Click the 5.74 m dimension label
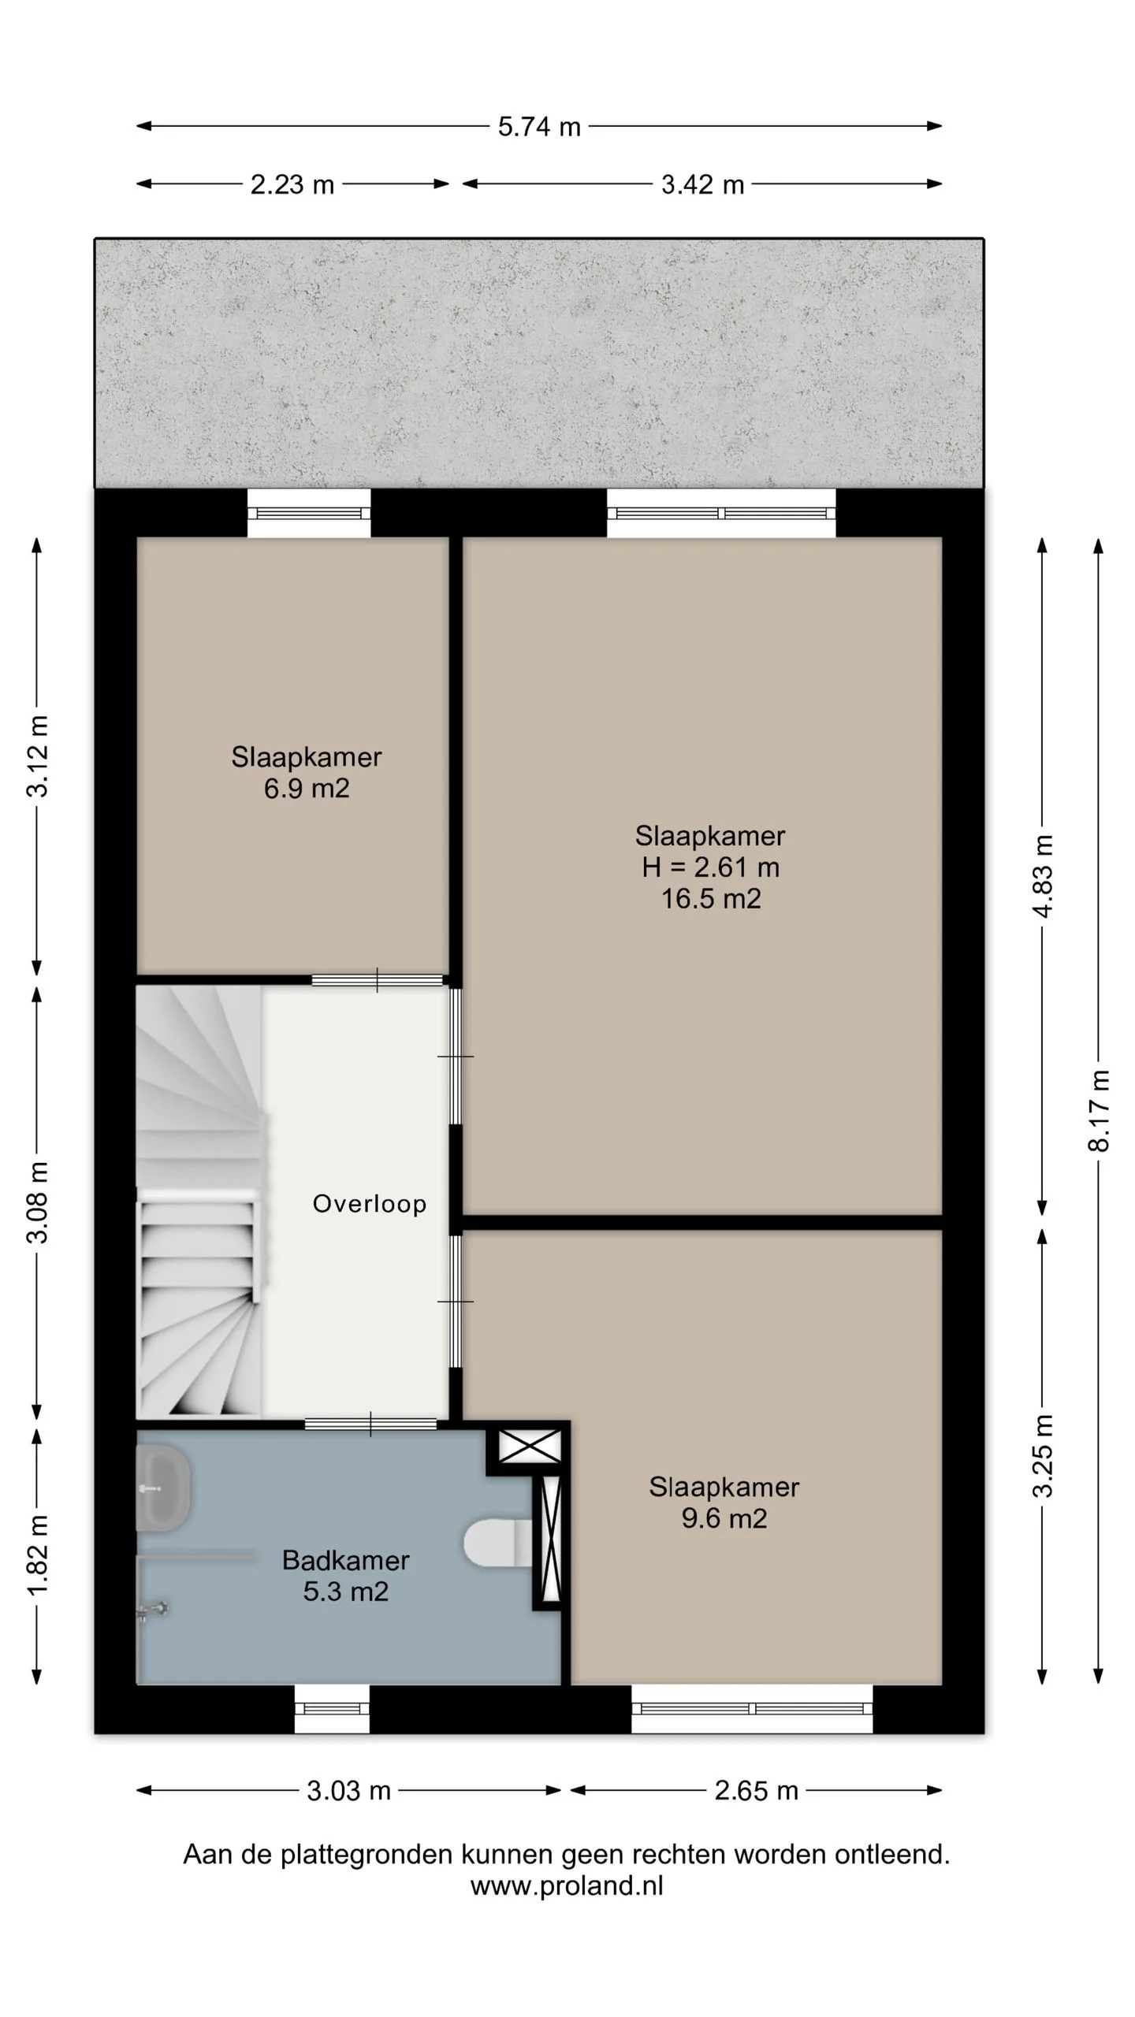[x=539, y=127]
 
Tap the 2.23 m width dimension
[x=292, y=184]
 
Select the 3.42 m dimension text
[x=702, y=184]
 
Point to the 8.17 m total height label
[x=1099, y=1110]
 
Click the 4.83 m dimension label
[x=1042, y=876]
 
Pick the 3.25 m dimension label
[x=1042, y=1455]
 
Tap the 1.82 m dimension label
[x=37, y=1555]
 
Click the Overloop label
[x=370, y=1203]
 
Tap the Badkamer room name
[x=346, y=1560]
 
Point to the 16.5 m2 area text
[x=711, y=898]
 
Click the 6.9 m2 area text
[x=307, y=788]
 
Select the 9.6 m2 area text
[x=724, y=1518]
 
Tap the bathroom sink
[x=164, y=1488]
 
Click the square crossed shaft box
[x=530, y=1447]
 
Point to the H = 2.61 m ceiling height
[x=711, y=867]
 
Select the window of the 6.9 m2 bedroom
[x=309, y=513]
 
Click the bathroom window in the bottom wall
[x=332, y=1709]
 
